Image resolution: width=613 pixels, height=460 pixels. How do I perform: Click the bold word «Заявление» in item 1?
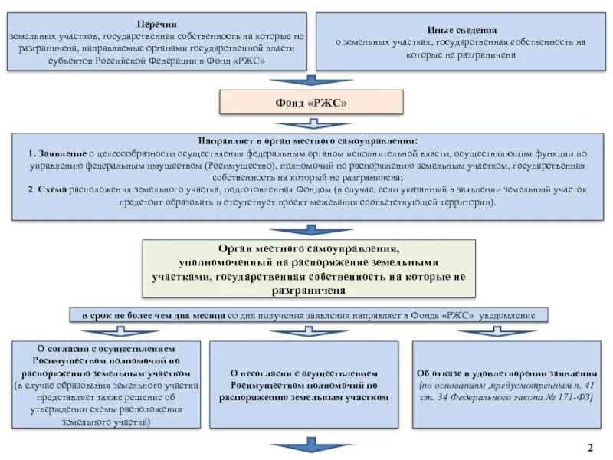pyautogui.click(x=51, y=153)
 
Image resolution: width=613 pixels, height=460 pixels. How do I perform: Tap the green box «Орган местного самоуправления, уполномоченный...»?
pyautogui.click(x=309, y=268)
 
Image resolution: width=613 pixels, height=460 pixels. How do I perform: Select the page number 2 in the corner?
pyautogui.click(x=590, y=447)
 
